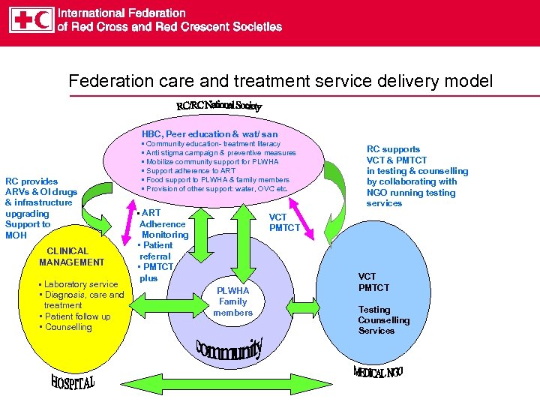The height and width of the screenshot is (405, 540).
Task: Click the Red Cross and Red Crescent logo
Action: (x=31, y=20)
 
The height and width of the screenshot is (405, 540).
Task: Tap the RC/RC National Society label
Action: (x=219, y=106)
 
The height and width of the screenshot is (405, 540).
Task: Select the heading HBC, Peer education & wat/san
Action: (x=209, y=134)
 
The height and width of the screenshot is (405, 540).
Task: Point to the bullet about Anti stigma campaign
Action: (x=220, y=153)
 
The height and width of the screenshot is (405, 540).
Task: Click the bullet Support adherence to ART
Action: (x=190, y=171)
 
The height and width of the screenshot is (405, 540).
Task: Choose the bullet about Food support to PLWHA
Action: (x=217, y=180)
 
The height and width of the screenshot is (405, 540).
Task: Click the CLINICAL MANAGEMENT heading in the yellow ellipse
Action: (x=72, y=256)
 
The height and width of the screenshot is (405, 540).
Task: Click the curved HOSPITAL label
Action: (x=73, y=382)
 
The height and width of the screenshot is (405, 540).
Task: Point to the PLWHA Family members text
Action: (x=232, y=301)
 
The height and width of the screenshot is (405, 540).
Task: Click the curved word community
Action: (x=229, y=349)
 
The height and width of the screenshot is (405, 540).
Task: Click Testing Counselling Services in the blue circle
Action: (x=383, y=320)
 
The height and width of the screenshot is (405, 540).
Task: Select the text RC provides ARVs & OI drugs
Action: (x=41, y=187)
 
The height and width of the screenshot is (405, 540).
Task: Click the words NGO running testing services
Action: (x=410, y=198)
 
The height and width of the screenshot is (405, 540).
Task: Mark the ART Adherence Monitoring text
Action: (x=163, y=223)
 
